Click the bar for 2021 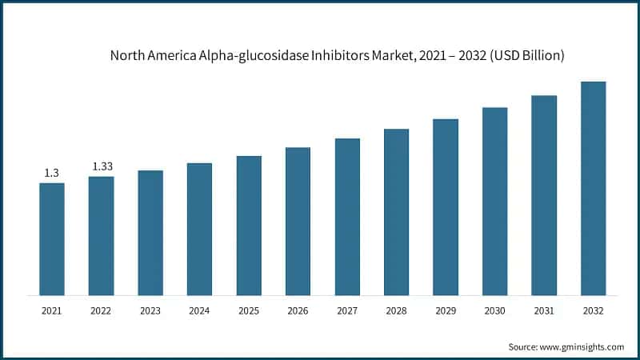pyautogui.click(x=52, y=238)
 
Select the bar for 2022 pyautogui.click(x=101, y=235)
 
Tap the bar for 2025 pyautogui.click(x=249, y=225)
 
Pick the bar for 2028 pyautogui.click(x=396, y=211)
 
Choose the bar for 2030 pyautogui.click(x=494, y=201)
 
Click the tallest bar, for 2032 pyautogui.click(x=593, y=188)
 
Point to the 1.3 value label pyautogui.click(x=52, y=173)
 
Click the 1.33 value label pyautogui.click(x=102, y=166)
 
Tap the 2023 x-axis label pyautogui.click(x=150, y=310)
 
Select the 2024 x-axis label pyautogui.click(x=199, y=310)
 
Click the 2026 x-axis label pyautogui.click(x=298, y=310)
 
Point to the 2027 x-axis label pyautogui.click(x=347, y=310)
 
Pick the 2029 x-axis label pyautogui.click(x=446, y=310)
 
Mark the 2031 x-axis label pyautogui.click(x=544, y=310)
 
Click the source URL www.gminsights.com pyautogui.click(x=582, y=346)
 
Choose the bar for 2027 pyautogui.click(x=347, y=216)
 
